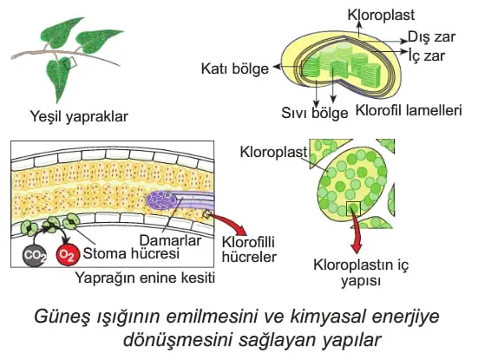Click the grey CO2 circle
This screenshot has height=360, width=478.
click(35, 255)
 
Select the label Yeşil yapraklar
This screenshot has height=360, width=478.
click(79, 117)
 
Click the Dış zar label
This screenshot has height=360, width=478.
click(431, 37)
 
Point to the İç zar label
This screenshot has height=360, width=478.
click(427, 56)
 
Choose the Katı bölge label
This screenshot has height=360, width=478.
click(235, 69)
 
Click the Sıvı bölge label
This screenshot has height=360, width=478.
click(315, 113)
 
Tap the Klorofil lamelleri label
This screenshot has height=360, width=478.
click(409, 110)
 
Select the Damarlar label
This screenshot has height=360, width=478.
click(170, 240)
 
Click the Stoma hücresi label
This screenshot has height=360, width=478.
click(131, 253)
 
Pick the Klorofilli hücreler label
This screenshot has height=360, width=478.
click(249, 249)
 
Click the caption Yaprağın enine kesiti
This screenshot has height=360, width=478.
click(145, 278)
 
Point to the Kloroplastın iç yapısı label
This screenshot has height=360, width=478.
click(361, 272)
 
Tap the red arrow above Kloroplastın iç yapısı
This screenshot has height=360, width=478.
click(356, 232)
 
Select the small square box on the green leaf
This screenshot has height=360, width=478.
click(70, 62)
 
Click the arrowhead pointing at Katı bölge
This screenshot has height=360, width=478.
click(276, 67)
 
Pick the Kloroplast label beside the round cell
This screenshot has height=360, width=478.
click(274, 152)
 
